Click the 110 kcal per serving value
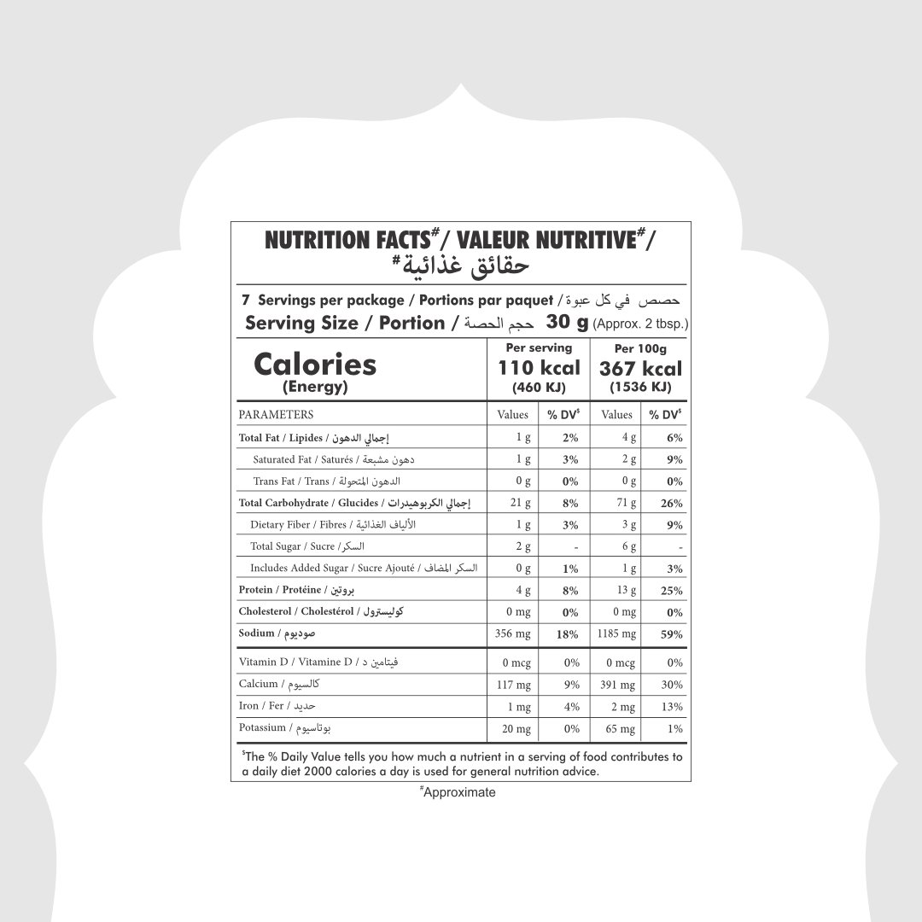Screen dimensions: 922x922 (x=539, y=368)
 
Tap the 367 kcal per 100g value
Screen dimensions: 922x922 (x=640, y=368)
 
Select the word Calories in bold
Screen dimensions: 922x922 (x=315, y=365)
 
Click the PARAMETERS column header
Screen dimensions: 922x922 (x=276, y=415)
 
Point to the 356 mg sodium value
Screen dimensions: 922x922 (x=513, y=634)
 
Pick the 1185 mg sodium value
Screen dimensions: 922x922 (x=617, y=634)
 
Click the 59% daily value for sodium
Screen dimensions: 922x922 (x=671, y=634)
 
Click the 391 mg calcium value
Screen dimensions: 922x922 (x=618, y=685)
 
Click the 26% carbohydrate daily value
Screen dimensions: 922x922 (x=671, y=503)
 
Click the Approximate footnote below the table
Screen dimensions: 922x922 (x=458, y=792)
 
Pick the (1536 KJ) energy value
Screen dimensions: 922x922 (x=640, y=388)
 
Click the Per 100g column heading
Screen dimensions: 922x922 (x=640, y=348)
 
